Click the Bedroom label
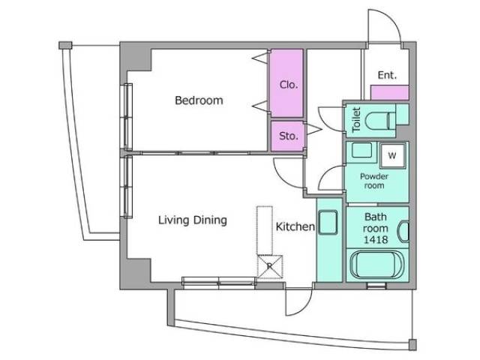pos(199,100)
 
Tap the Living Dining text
pos(192,220)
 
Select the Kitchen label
pos(294,226)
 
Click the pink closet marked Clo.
pos(288,84)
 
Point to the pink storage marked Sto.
pos(288,136)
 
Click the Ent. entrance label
pos(387,75)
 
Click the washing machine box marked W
pos(391,156)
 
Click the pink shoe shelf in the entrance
pos(390,93)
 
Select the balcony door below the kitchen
pos(298,300)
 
